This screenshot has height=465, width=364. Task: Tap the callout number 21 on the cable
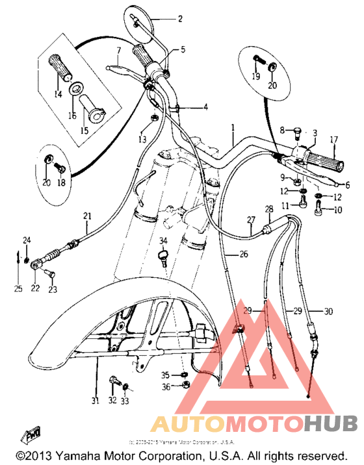click(x=87, y=216)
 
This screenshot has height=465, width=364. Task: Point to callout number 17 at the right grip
click(x=334, y=140)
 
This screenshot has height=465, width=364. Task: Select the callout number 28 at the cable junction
click(x=268, y=209)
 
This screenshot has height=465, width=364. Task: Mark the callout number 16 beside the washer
click(x=72, y=116)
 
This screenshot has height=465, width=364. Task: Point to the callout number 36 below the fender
click(x=165, y=387)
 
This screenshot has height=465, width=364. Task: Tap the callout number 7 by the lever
click(x=119, y=50)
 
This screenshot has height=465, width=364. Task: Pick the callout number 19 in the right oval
click(x=256, y=77)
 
